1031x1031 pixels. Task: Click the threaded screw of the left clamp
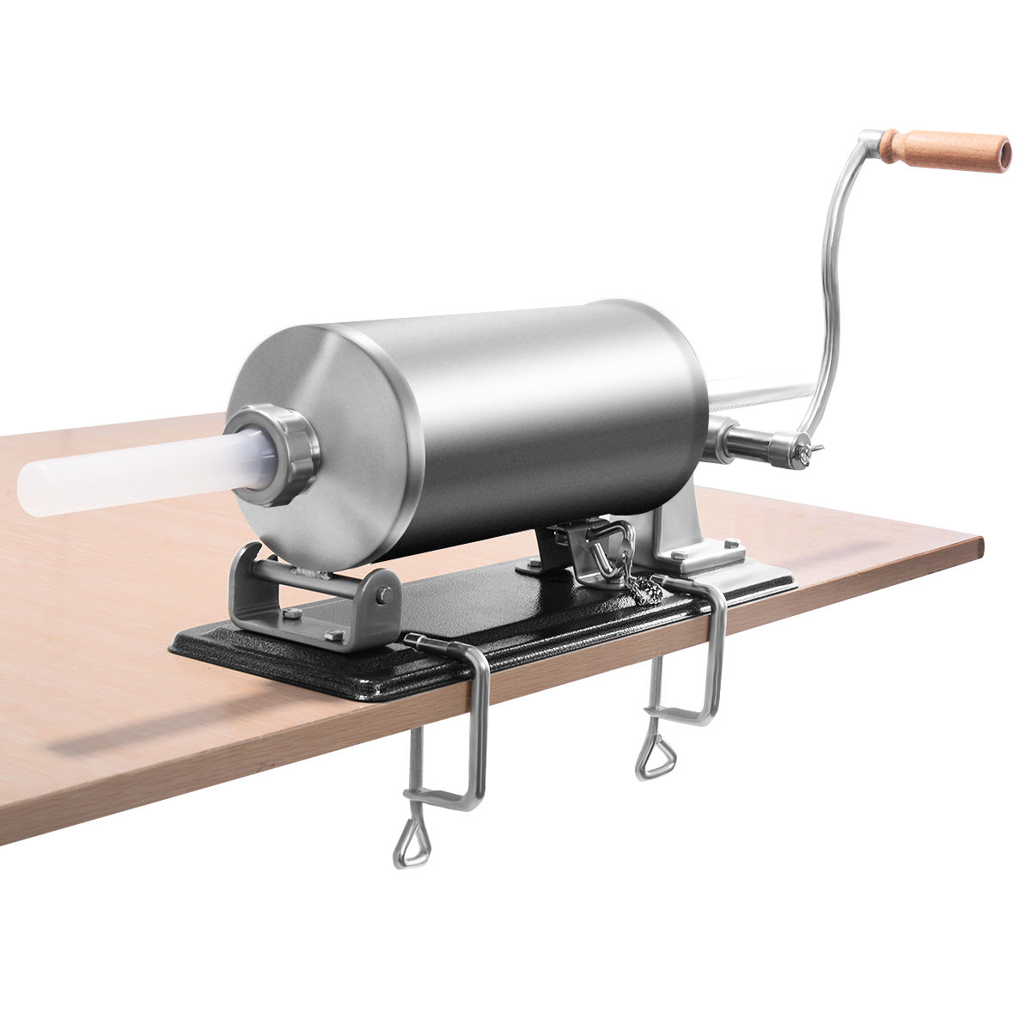pos(418,765)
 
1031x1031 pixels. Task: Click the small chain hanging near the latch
pos(640,585)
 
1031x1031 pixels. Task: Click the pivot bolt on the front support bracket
pos(387,595)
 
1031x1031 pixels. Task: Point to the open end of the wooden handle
pos(1000,154)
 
